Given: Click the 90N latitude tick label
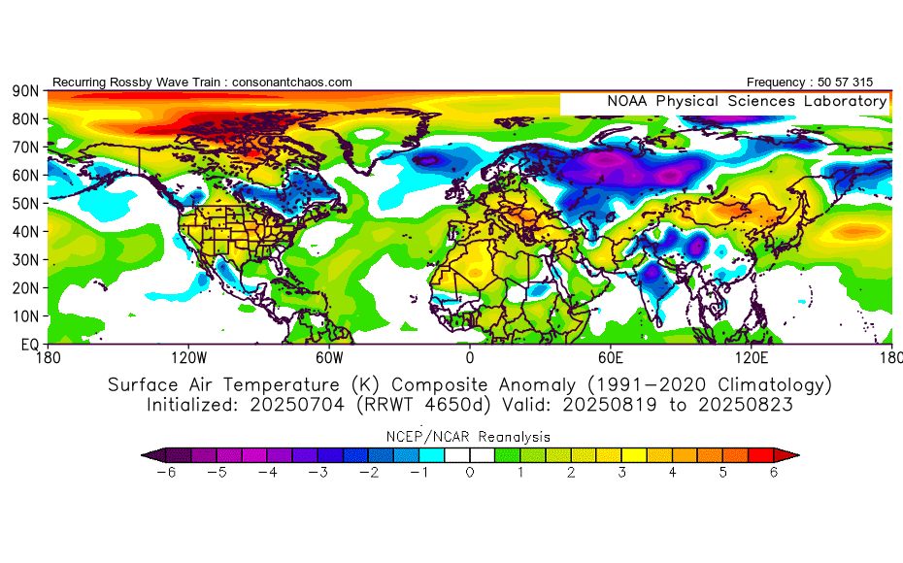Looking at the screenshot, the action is point(26,91).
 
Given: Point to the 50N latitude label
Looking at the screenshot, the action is point(26,204).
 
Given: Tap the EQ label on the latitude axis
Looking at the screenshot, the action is point(29,345).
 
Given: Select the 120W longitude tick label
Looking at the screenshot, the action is point(189,358).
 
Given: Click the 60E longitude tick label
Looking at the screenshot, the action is point(611,358).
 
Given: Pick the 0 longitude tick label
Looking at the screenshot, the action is point(470,358).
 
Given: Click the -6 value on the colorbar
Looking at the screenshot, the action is point(166,473).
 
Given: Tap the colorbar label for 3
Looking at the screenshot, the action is point(622,473).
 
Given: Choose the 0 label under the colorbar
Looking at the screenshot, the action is point(470,473).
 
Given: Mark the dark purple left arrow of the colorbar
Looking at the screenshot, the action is point(153,455).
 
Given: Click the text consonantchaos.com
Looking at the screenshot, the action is point(292,83).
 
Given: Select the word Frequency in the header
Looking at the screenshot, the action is point(776,83).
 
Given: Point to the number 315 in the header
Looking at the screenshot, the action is point(862,83).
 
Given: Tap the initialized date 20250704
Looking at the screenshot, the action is point(297,405).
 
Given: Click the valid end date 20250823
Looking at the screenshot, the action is point(746,405).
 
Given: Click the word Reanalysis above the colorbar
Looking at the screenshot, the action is point(515,437).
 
